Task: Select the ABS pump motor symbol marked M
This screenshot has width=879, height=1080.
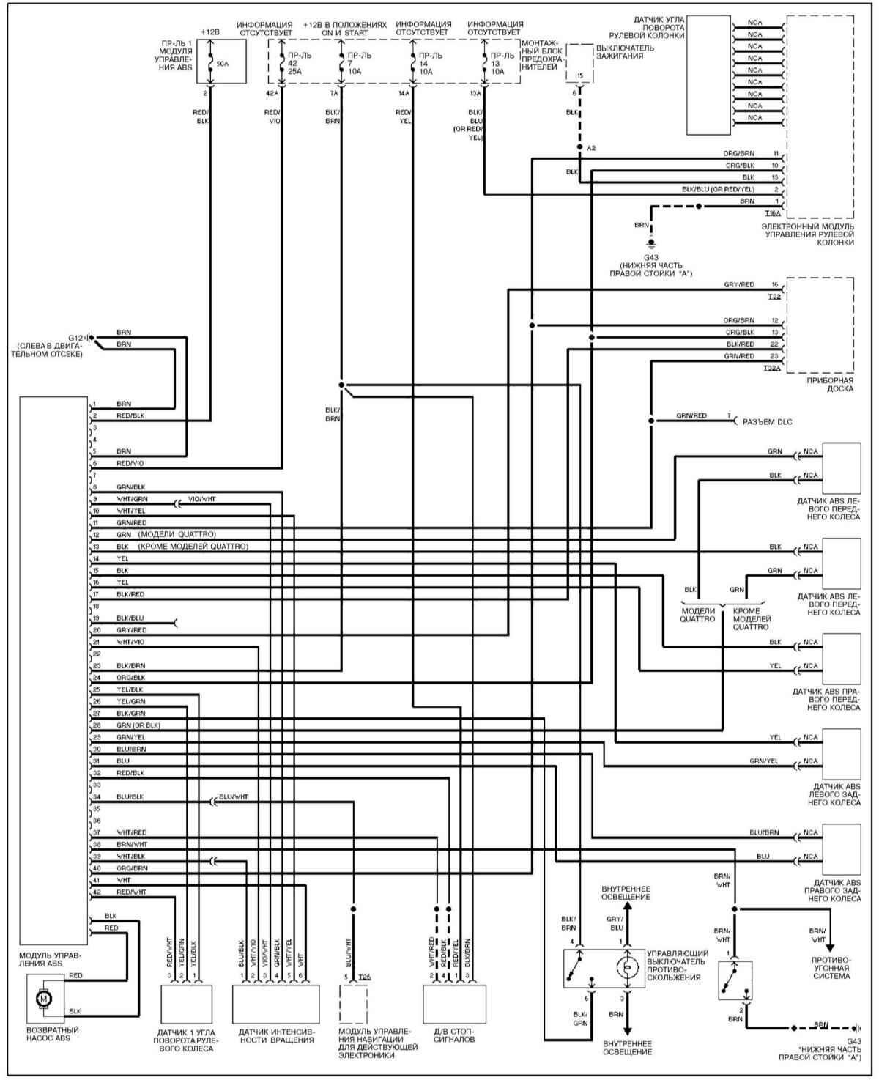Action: point(44,997)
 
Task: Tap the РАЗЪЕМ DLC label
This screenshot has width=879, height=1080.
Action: point(768,422)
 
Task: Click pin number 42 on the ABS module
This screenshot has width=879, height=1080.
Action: point(96,892)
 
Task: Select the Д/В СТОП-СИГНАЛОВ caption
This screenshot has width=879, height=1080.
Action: point(454,1035)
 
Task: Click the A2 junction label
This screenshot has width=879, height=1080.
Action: point(592,147)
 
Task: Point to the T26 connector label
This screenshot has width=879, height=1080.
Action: point(366,977)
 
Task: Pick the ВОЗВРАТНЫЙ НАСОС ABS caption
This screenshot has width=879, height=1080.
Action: point(52,1035)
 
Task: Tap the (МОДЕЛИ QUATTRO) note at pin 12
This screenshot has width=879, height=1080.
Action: point(177,534)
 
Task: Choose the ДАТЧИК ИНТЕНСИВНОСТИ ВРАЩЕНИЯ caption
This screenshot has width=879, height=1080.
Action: point(276,1035)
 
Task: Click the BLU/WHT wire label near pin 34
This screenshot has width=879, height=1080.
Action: point(234,796)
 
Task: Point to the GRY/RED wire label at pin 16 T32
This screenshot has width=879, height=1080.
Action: point(739,284)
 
